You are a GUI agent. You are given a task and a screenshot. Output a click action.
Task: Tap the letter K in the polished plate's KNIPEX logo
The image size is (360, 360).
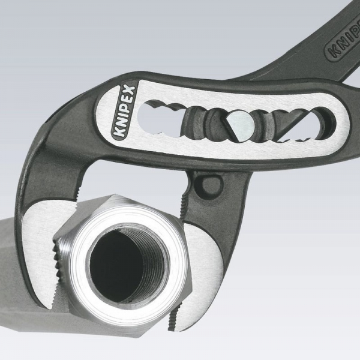point(119,133)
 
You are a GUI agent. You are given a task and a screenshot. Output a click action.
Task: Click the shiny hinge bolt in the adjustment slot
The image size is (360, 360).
point(241,125)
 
